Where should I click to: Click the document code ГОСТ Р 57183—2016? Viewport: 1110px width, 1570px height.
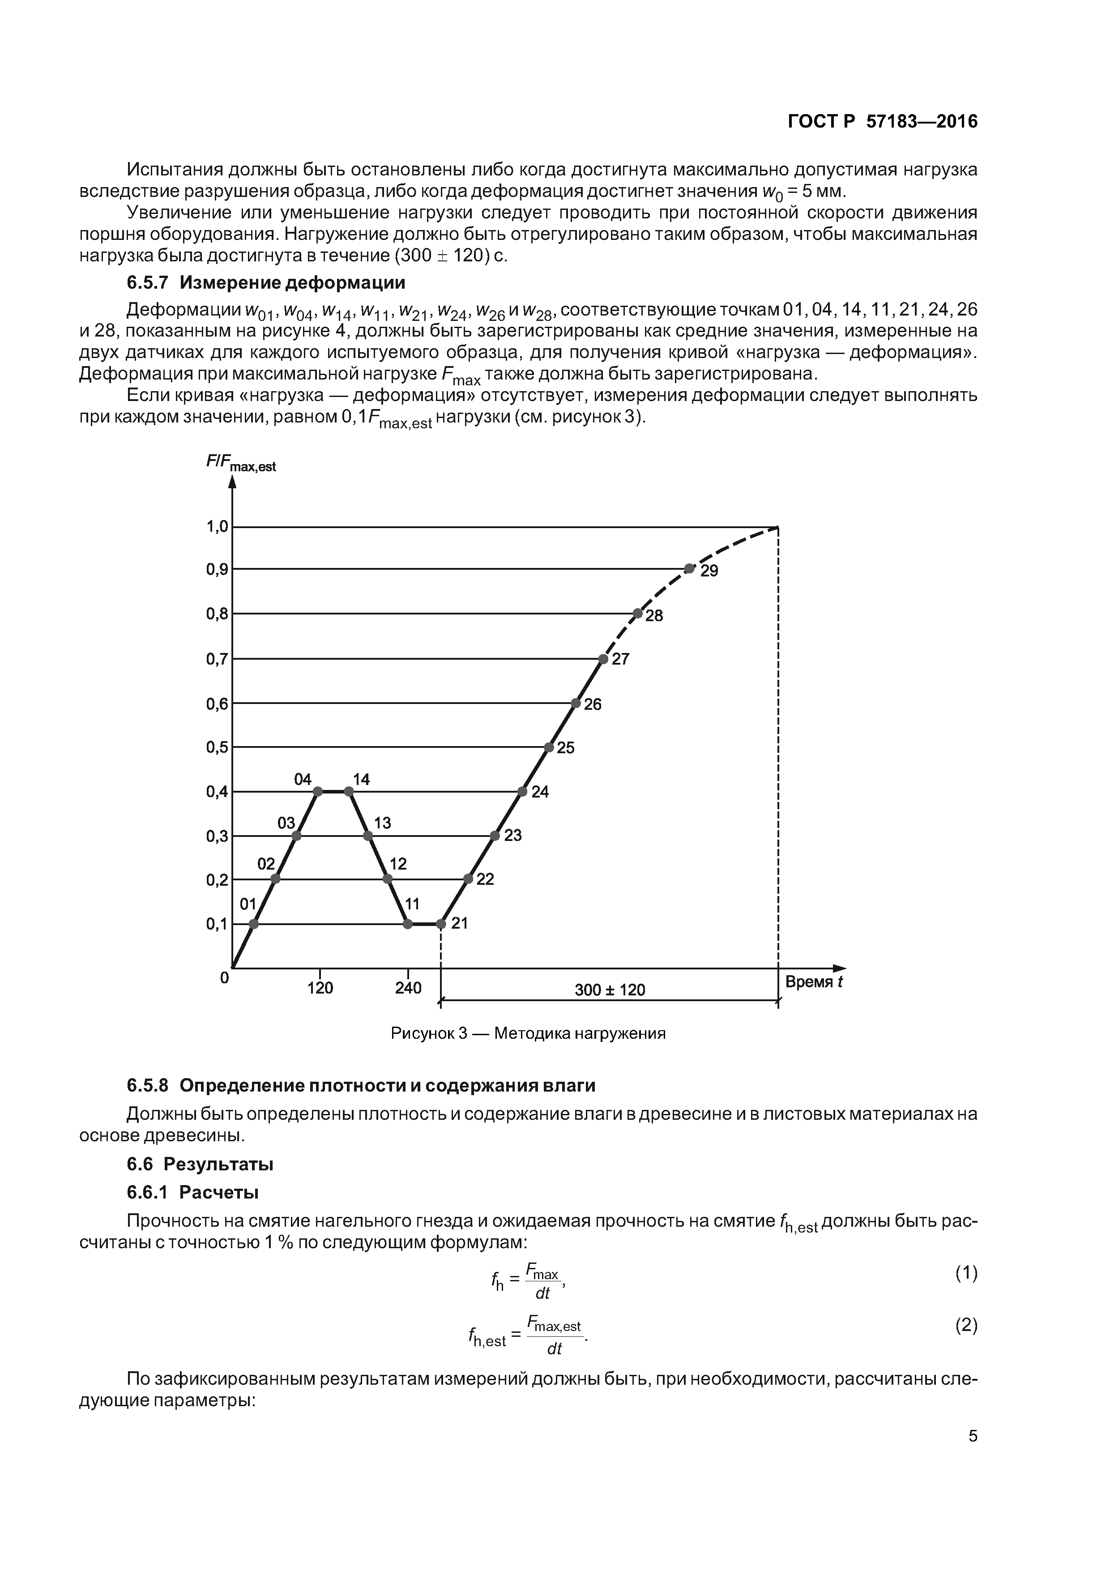point(882,122)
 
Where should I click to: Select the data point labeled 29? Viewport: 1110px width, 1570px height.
point(689,569)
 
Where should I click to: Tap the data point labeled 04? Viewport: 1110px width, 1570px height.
point(317,792)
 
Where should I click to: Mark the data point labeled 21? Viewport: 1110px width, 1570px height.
point(441,925)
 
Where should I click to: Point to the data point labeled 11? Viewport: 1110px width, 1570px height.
point(408,925)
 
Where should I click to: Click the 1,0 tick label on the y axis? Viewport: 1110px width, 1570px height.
point(217,526)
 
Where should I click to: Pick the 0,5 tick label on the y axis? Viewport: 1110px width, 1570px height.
point(217,747)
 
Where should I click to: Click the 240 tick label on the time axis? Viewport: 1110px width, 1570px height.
point(408,989)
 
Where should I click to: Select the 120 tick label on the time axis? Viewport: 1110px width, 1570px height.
point(320,989)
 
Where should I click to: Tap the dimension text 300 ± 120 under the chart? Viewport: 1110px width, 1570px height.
point(609,990)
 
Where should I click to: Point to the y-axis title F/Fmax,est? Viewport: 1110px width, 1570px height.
point(241,464)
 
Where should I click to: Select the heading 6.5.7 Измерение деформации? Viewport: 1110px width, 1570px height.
point(266,282)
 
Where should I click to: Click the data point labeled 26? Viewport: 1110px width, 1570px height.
point(576,703)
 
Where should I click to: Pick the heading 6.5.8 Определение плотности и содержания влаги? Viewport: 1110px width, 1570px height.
point(361,1085)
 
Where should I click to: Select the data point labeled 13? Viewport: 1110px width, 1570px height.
point(368,836)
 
